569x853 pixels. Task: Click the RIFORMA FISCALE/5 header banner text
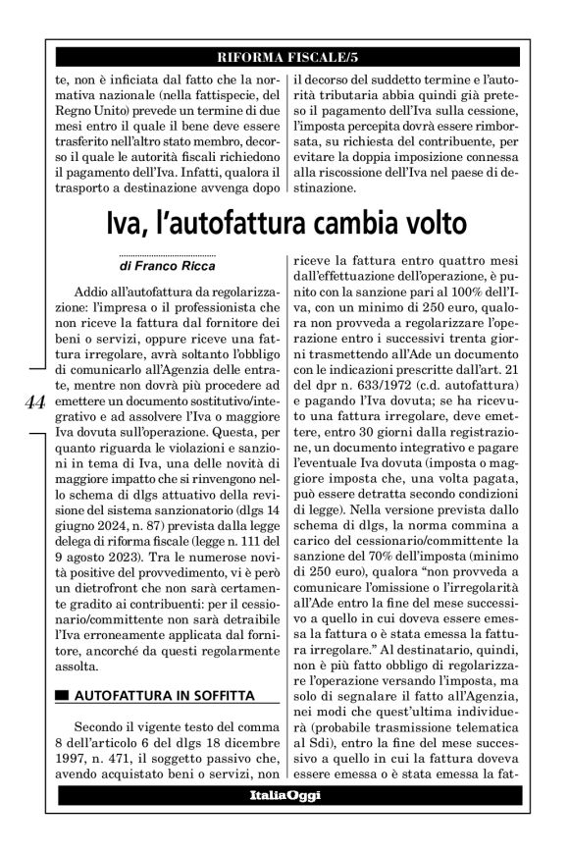click(284, 56)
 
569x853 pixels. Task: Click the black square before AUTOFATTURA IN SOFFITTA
click(63, 696)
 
